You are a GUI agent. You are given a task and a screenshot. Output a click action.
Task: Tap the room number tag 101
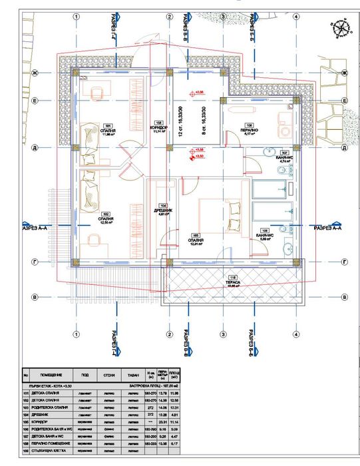coord(107,124)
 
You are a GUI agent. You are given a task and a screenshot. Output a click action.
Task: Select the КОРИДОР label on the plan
coord(158,127)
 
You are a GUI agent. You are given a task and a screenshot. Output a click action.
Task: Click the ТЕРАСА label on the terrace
coord(232,282)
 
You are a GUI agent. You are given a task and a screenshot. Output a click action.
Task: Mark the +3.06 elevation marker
coord(198,93)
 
